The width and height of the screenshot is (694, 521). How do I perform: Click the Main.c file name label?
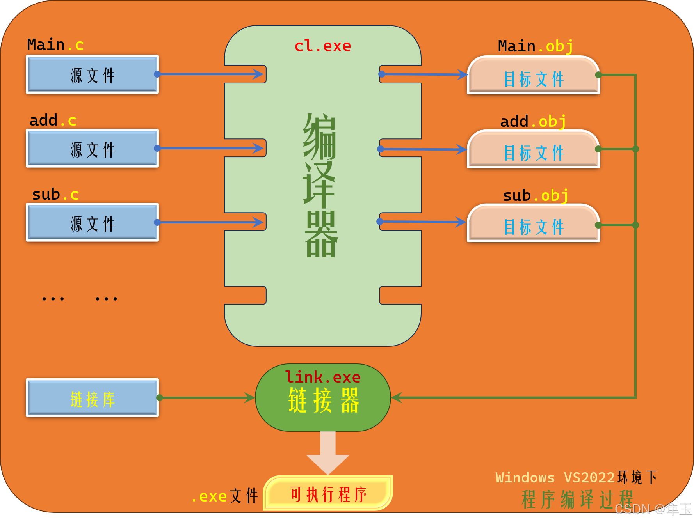tap(55, 45)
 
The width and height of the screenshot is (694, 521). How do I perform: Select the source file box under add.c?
tap(93, 149)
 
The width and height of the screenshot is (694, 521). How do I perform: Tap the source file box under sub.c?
tap(93, 223)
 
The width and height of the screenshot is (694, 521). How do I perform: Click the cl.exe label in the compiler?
tap(322, 46)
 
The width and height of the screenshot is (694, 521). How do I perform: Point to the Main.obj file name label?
tap(536, 46)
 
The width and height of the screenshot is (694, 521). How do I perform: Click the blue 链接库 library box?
tap(93, 398)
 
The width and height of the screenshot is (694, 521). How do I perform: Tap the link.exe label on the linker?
tap(322, 377)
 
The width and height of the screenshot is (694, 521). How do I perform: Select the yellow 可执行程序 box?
tap(328, 494)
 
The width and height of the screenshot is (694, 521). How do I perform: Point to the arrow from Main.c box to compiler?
tap(211, 74)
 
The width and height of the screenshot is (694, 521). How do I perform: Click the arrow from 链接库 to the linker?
tap(207, 398)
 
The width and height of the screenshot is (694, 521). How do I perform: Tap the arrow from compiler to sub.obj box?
tap(424, 222)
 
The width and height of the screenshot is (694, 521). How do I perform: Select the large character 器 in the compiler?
tap(321, 234)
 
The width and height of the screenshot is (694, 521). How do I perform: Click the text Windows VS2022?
tap(555, 477)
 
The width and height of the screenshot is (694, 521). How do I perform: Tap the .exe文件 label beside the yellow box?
tap(225, 496)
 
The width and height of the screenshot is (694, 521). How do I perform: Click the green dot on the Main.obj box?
tap(598, 75)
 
